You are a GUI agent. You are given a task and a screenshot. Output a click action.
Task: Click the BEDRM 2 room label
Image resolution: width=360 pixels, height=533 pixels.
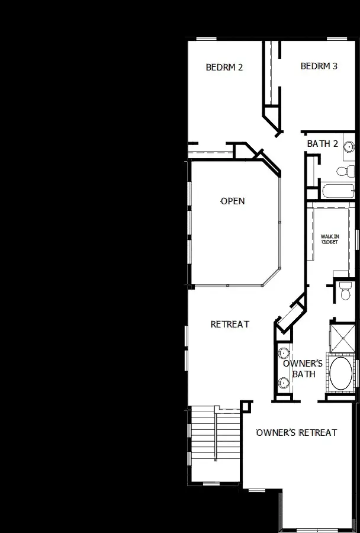pos(224,67)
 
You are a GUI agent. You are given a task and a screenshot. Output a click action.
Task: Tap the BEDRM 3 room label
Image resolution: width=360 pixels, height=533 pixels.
pos(319,66)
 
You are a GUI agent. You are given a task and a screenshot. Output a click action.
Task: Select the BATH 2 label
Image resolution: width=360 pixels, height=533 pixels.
pos(323,144)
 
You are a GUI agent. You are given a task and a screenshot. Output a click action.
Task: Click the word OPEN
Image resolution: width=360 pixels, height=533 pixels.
pos(233,201)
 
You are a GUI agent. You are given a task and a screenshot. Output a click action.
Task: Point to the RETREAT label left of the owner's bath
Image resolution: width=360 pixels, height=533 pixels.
pos(230,325)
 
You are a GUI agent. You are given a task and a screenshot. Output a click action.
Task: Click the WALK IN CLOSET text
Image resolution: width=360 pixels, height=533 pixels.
pos(329,239)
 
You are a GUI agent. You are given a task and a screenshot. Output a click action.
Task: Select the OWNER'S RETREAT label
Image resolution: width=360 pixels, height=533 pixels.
pos(297,432)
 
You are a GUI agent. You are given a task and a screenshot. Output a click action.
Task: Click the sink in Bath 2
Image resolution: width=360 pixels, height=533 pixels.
pos(349,147)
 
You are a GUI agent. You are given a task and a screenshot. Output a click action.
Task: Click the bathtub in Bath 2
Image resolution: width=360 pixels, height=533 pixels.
pos(338,191)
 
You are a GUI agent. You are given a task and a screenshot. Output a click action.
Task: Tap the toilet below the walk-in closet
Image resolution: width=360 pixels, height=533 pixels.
pos(346,290)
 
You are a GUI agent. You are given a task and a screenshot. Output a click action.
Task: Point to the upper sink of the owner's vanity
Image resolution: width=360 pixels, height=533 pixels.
pos(283,351)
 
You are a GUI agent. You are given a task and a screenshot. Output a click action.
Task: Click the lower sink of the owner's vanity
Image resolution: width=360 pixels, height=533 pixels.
pos(283,384)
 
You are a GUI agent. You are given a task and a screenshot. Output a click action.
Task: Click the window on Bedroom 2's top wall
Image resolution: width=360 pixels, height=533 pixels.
pos(205,39)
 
